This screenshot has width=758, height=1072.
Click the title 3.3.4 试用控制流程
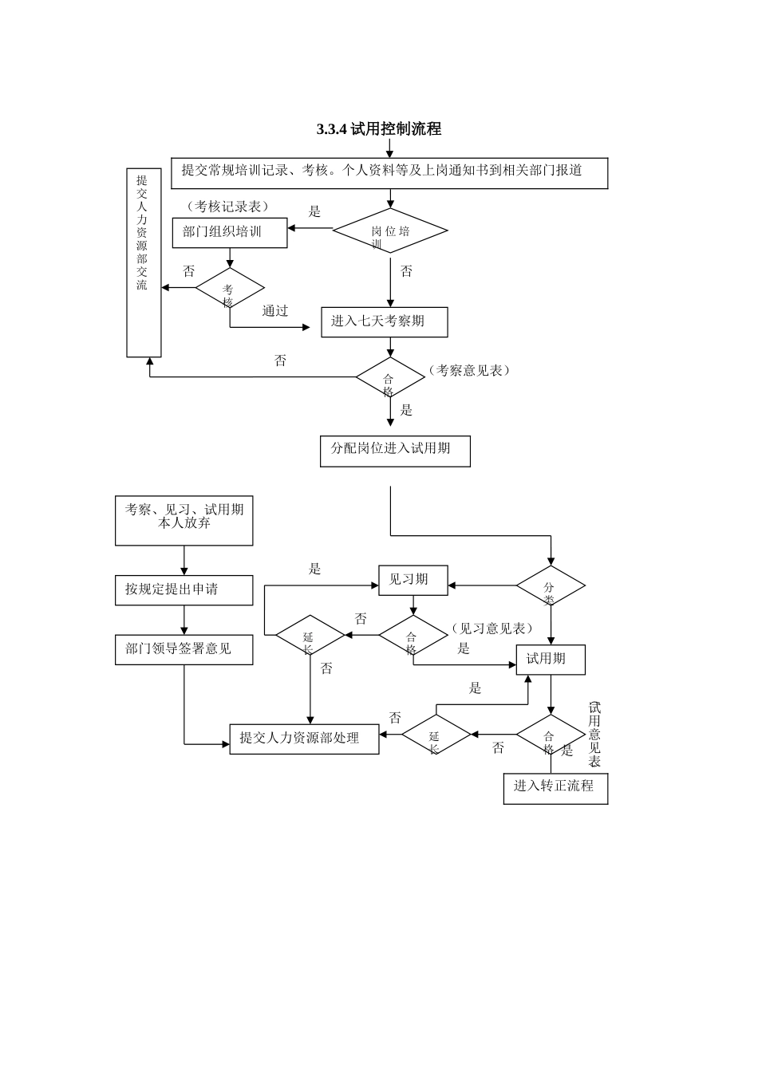(x=379, y=129)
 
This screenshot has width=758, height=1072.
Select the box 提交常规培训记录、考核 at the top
(x=389, y=173)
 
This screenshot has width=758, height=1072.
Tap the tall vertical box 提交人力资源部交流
(x=144, y=262)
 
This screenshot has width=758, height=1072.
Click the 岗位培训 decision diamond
(x=390, y=231)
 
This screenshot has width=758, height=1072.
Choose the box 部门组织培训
(x=230, y=232)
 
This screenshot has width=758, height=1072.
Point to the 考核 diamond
(x=230, y=289)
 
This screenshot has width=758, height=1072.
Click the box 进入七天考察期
(x=384, y=322)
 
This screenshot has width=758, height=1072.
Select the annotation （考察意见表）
(x=468, y=371)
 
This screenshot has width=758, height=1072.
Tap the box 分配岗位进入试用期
(x=395, y=451)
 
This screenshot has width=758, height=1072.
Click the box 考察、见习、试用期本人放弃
(x=184, y=521)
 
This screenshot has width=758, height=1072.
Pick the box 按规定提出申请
(x=184, y=590)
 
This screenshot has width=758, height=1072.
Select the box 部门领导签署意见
(x=184, y=649)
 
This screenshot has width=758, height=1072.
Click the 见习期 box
(x=413, y=581)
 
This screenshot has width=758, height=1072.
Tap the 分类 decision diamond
(x=551, y=586)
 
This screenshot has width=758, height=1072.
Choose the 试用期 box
(x=551, y=659)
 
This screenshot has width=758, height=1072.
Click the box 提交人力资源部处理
(x=304, y=739)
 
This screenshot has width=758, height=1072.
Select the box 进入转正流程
(x=555, y=788)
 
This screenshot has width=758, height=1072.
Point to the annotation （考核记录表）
(x=227, y=207)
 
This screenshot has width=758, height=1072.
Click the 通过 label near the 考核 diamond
(x=275, y=311)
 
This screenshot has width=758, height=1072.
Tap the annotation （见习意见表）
(x=491, y=629)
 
